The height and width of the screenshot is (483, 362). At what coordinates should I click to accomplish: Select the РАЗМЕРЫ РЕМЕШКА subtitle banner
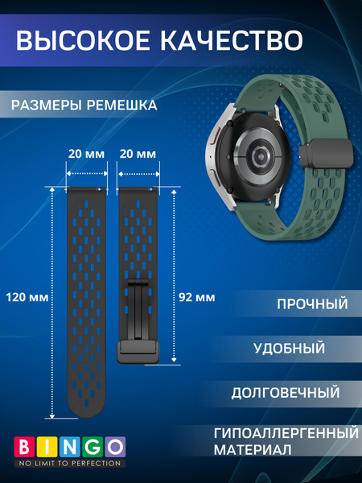[x=84, y=105]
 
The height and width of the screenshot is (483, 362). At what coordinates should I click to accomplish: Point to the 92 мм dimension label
[x=195, y=297]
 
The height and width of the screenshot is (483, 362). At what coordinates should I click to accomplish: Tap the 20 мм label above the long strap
[x=85, y=153]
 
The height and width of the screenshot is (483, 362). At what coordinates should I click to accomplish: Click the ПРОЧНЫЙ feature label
[x=312, y=305]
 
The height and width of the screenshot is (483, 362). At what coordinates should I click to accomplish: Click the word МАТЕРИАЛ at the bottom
[x=250, y=450]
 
